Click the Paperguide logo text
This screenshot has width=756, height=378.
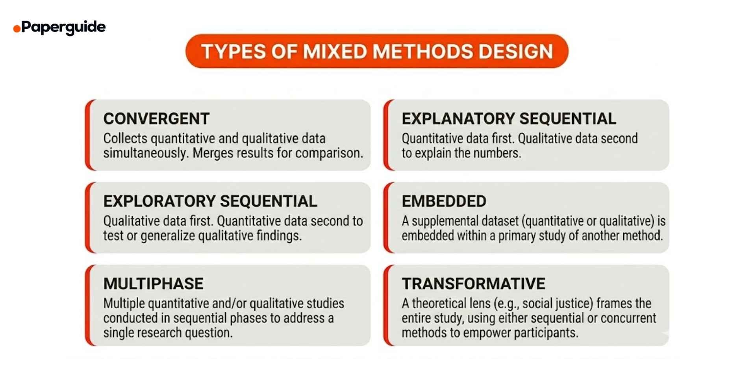coord(63,27)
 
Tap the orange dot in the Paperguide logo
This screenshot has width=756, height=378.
coord(17,29)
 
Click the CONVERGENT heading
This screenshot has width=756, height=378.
coord(156,119)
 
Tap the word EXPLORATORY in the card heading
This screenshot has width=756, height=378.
coord(159,201)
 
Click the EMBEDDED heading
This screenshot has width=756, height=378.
coord(444,201)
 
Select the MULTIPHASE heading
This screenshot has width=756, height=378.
coord(153,284)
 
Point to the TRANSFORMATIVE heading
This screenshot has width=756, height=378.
coord(473,284)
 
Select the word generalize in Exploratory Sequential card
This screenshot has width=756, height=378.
coord(168,236)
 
